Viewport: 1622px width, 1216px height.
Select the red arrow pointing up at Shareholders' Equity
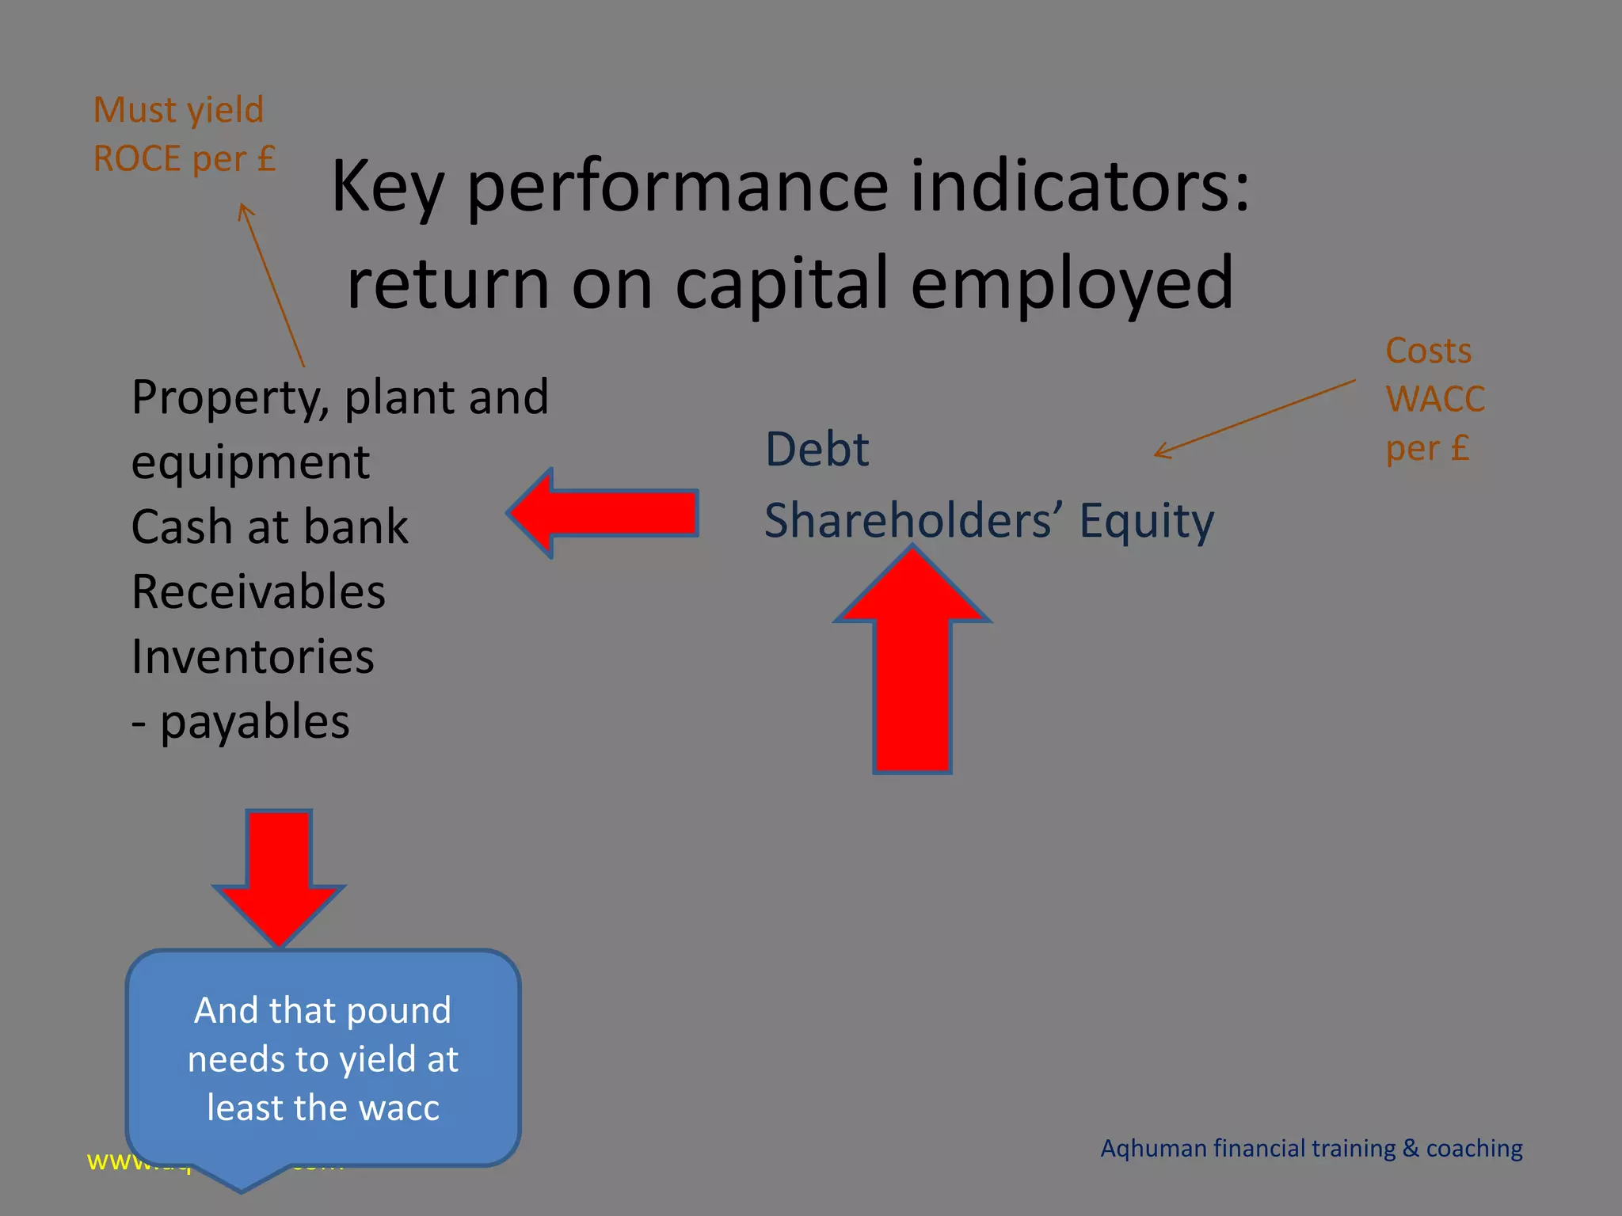[x=912, y=665]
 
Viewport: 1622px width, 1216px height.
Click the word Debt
[x=817, y=450]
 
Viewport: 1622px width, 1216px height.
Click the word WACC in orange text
[x=1434, y=399]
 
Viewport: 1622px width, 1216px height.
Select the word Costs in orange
[x=1428, y=351]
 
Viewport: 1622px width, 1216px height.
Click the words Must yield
[x=178, y=110]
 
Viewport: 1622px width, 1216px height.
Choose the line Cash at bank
[x=269, y=527]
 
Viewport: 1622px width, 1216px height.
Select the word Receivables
[x=258, y=592]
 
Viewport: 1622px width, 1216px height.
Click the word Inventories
[x=253, y=657]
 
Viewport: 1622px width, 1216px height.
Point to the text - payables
[x=240, y=722]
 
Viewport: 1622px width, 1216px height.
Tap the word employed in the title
[x=1072, y=283]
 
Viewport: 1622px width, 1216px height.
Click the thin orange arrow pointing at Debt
[x=1255, y=418]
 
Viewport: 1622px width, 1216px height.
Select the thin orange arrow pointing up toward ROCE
[x=272, y=285]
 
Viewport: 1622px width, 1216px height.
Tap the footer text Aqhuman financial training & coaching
[x=1311, y=1149]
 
